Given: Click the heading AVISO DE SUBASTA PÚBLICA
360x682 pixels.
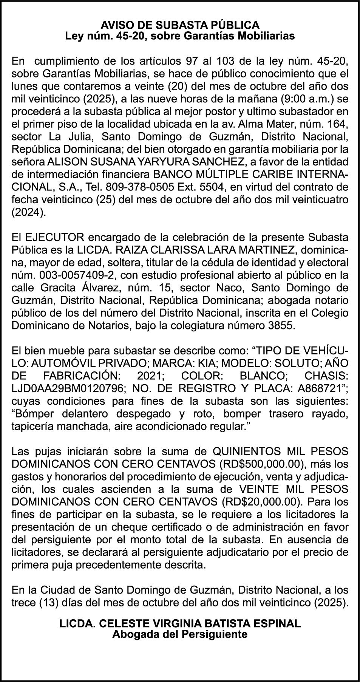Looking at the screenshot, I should click(180, 25).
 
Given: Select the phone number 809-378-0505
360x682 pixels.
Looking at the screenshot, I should click(135, 187).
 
